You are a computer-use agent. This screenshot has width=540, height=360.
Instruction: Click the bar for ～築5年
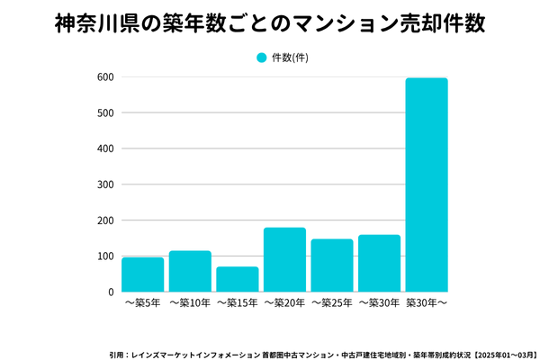coord(142,274)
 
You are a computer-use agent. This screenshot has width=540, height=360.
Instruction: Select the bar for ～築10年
coord(190,271)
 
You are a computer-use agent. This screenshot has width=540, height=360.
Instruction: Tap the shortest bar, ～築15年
coord(238,279)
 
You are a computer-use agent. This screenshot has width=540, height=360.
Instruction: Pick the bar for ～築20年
coord(284,259)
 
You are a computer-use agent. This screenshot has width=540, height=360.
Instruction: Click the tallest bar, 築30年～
coord(427,184)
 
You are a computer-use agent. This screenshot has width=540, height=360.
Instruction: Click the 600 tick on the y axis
coord(105,77)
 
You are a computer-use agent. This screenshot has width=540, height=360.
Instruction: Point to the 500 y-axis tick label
coord(105,113)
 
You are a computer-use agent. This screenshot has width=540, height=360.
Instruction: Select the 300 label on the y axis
coord(105,184)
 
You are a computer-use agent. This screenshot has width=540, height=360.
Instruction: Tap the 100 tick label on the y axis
coord(105,256)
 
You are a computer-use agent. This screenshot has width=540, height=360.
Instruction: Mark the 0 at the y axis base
coord(111,292)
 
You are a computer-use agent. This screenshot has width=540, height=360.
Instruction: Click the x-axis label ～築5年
coord(142,304)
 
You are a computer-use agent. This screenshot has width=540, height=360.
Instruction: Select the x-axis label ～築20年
coord(284,304)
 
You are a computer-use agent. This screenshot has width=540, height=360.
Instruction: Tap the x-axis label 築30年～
coord(427,304)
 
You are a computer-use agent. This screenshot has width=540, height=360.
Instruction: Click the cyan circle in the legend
coord(262,58)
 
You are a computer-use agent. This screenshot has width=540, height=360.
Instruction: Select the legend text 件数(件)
coord(290,58)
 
